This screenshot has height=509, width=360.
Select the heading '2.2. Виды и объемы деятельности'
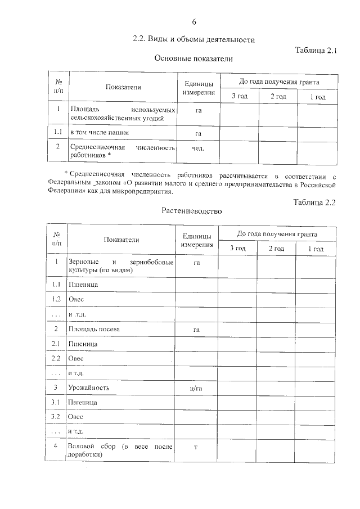[x=193, y=40]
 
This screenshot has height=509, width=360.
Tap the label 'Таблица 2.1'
[x=315, y=50]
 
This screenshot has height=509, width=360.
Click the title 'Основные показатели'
[x=193, y=58]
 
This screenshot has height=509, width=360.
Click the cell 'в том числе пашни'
[x=99, y=133]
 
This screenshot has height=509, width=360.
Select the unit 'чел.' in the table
[x=197, y=149]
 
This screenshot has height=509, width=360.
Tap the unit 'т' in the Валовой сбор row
[x=196, y=447]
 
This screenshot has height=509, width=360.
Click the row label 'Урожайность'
[x=88, y=388]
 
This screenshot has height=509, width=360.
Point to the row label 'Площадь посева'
[x=94, y=328]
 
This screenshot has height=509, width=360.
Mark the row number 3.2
[x=56, y=417]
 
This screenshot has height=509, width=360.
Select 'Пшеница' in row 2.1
[x=82, y=343]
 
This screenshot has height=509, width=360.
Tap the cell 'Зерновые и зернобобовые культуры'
[x=120, y=266]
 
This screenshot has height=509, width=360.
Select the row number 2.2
[x=56, y=358]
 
